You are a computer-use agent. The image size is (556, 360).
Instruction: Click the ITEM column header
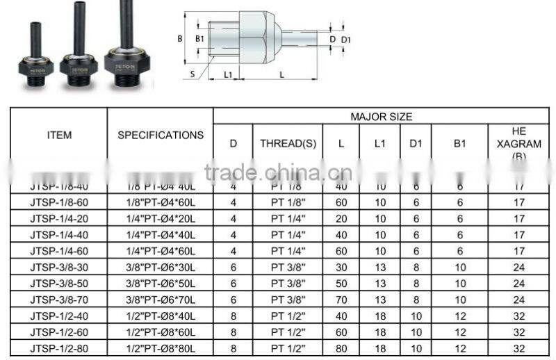tap(59, 135)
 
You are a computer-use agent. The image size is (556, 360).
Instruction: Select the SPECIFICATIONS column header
tap(160, 135)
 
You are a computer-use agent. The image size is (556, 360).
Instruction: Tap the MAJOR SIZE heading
tap(381, 117)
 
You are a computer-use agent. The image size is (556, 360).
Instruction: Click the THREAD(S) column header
tap(288, 144)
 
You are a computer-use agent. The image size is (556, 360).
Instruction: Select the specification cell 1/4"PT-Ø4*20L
tap(161, 219)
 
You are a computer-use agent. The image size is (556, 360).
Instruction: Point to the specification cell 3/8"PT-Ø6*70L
tap(161, 300)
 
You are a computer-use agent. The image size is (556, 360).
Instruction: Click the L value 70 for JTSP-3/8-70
tap(341, 300)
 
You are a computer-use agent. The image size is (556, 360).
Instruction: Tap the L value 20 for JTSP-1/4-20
tap(341, 219)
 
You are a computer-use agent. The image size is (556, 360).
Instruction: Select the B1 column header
tap(459, 144)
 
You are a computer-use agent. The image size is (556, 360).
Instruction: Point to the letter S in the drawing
tap(193, 72)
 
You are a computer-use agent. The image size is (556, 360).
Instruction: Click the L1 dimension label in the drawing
tap(227, 73)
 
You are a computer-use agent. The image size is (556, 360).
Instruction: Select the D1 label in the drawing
tap(345, 39)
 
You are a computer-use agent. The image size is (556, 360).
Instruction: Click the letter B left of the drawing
tap(180, 39)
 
